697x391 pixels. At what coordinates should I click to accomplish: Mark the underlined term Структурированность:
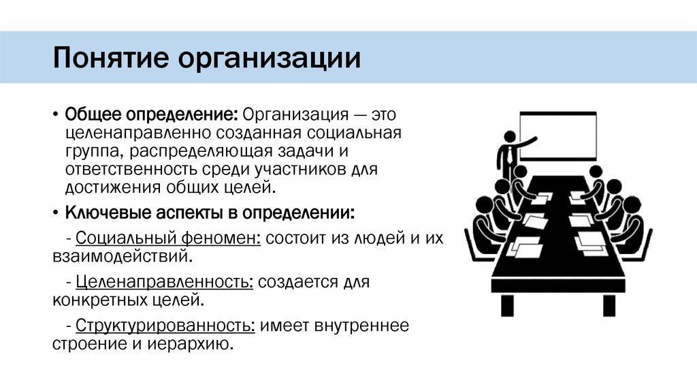click(166, 326)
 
